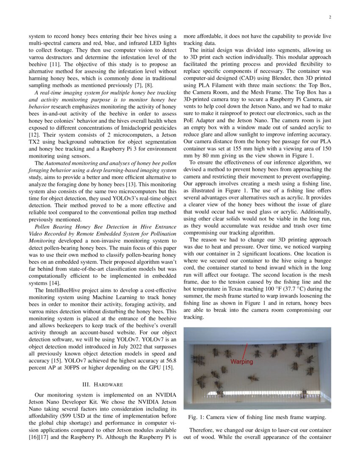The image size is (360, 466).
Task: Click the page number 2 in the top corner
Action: coord(329,17)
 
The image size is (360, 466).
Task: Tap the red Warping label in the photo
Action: coord(241,361)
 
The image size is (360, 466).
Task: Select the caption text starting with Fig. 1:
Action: coord(257,417)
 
